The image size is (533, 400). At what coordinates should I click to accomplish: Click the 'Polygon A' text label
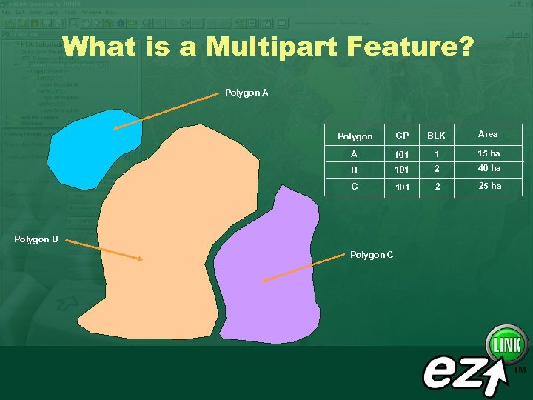(x=247, y=93)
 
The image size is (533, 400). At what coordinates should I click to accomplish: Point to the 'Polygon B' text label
(x=36, y=239)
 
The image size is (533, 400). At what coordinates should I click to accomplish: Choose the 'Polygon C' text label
(x=372, y=255)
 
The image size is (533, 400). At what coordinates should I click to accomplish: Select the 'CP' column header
(x=402, y=136)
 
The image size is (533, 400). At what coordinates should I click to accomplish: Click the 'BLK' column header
(x=437, y=136)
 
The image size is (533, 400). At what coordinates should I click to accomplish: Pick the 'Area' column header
(x=488, y=134)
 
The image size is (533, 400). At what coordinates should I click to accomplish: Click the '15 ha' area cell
(x=489, y=153)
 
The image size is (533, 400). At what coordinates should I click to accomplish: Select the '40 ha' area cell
(x=489, y=168)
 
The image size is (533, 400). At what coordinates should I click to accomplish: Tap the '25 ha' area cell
(x=489, y=186)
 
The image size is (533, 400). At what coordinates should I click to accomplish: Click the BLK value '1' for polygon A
(x=437, y=154)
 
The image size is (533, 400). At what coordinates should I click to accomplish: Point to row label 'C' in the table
(x=355, y=187)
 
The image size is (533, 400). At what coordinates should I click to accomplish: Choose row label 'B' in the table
(x=355, y=169)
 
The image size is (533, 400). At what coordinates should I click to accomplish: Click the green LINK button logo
(x=506, y=345)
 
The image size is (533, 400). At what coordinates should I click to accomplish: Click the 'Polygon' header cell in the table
(x=355, y=136)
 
